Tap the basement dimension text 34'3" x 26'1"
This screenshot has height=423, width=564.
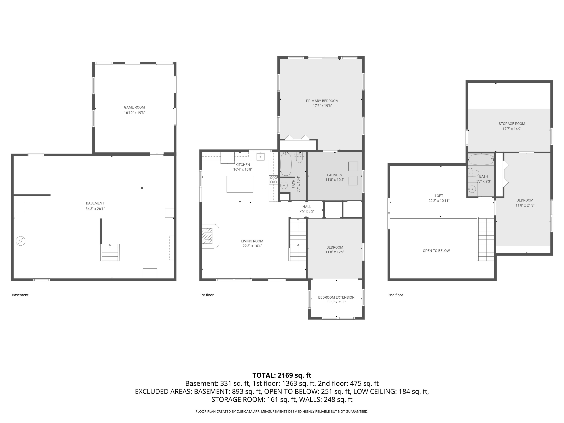(x=95, y=208)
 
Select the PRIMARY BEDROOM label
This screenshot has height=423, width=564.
(x=322, y=101)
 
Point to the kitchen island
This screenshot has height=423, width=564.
(x=240, y=184)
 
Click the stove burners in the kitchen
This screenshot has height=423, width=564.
(x=273, y=180)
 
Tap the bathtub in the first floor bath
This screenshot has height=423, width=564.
(x=286, y=164)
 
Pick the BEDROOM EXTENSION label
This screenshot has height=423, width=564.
(x=336, y=297)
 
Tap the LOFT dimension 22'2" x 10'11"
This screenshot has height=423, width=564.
(x=439, y=201)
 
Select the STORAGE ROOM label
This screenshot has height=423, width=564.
(x=512, y=124)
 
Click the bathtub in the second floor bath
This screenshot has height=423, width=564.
(x=481, y=160)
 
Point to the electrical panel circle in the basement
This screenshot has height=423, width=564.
(x=21, y=241)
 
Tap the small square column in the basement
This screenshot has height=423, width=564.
(x=142, y=188)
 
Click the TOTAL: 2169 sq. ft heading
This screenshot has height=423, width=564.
(x=282, y=375)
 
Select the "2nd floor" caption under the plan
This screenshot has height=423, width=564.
(x=396, y=295)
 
